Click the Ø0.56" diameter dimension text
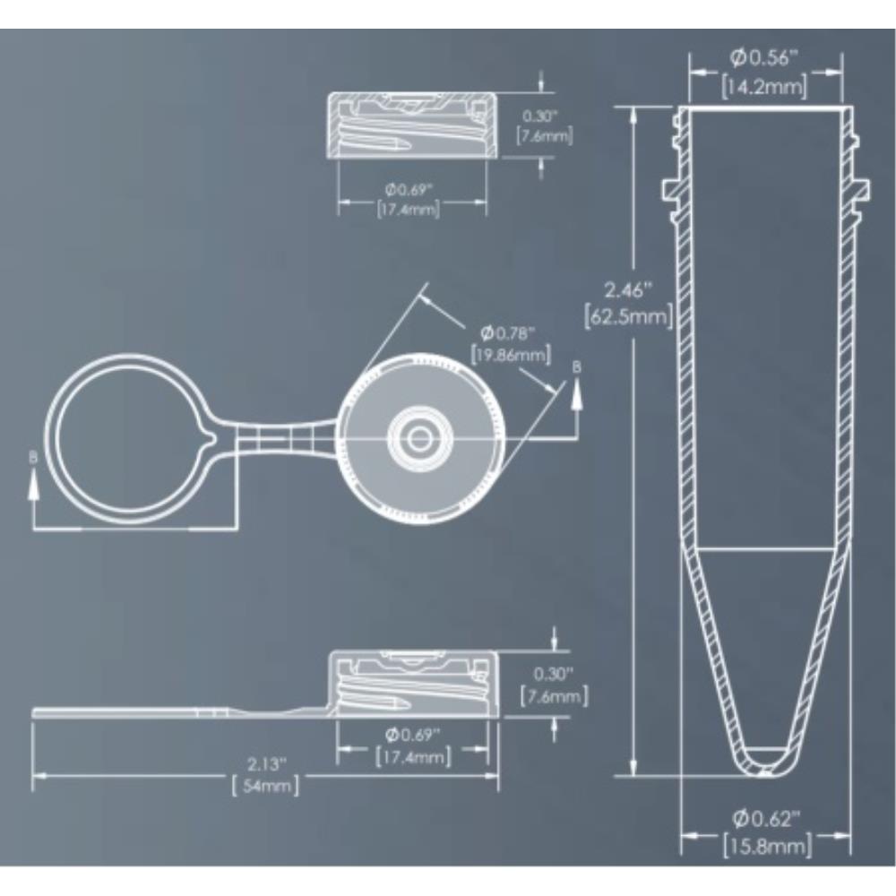764,58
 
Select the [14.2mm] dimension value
764,86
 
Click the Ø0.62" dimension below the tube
766,817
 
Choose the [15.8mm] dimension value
766,845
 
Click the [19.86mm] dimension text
508,355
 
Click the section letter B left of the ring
34,457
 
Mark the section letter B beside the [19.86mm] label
577,366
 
